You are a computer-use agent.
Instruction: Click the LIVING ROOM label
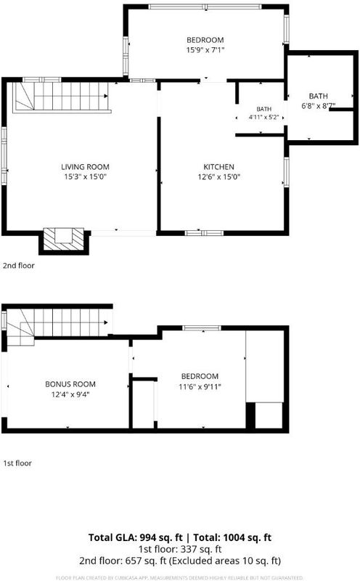click(x=85, y=167)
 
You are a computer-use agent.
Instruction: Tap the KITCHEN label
click(x=219, y=167)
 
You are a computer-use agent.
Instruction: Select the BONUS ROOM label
click(x=70, y=384)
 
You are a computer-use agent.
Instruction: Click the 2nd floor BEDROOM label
click(x=205, y=40)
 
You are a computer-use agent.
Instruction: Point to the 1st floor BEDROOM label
click(x=200, y=376)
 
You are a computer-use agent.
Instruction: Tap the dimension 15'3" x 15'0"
click(x=85, y=176)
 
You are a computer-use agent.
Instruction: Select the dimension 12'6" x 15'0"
click(x=219, y=176)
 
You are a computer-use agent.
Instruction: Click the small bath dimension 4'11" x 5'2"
click(x=263, y=117)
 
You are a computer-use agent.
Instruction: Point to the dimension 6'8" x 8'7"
click(x=319, y=106)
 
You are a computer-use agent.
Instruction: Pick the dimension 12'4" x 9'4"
click(x=70, y=394)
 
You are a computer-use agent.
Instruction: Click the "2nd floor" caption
click(x=19, y=265)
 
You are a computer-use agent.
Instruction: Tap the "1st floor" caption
click(x=17, y=463)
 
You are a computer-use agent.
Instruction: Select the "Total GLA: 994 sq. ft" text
click(x=136, y=537)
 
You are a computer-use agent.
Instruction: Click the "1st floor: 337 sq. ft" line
click(x=180, y=549)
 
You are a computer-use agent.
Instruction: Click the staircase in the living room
click(x=62, y=97)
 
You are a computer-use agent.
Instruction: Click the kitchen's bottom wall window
click(x=204, y=233)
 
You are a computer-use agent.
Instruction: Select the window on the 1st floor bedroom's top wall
click(x=202, y=328)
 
